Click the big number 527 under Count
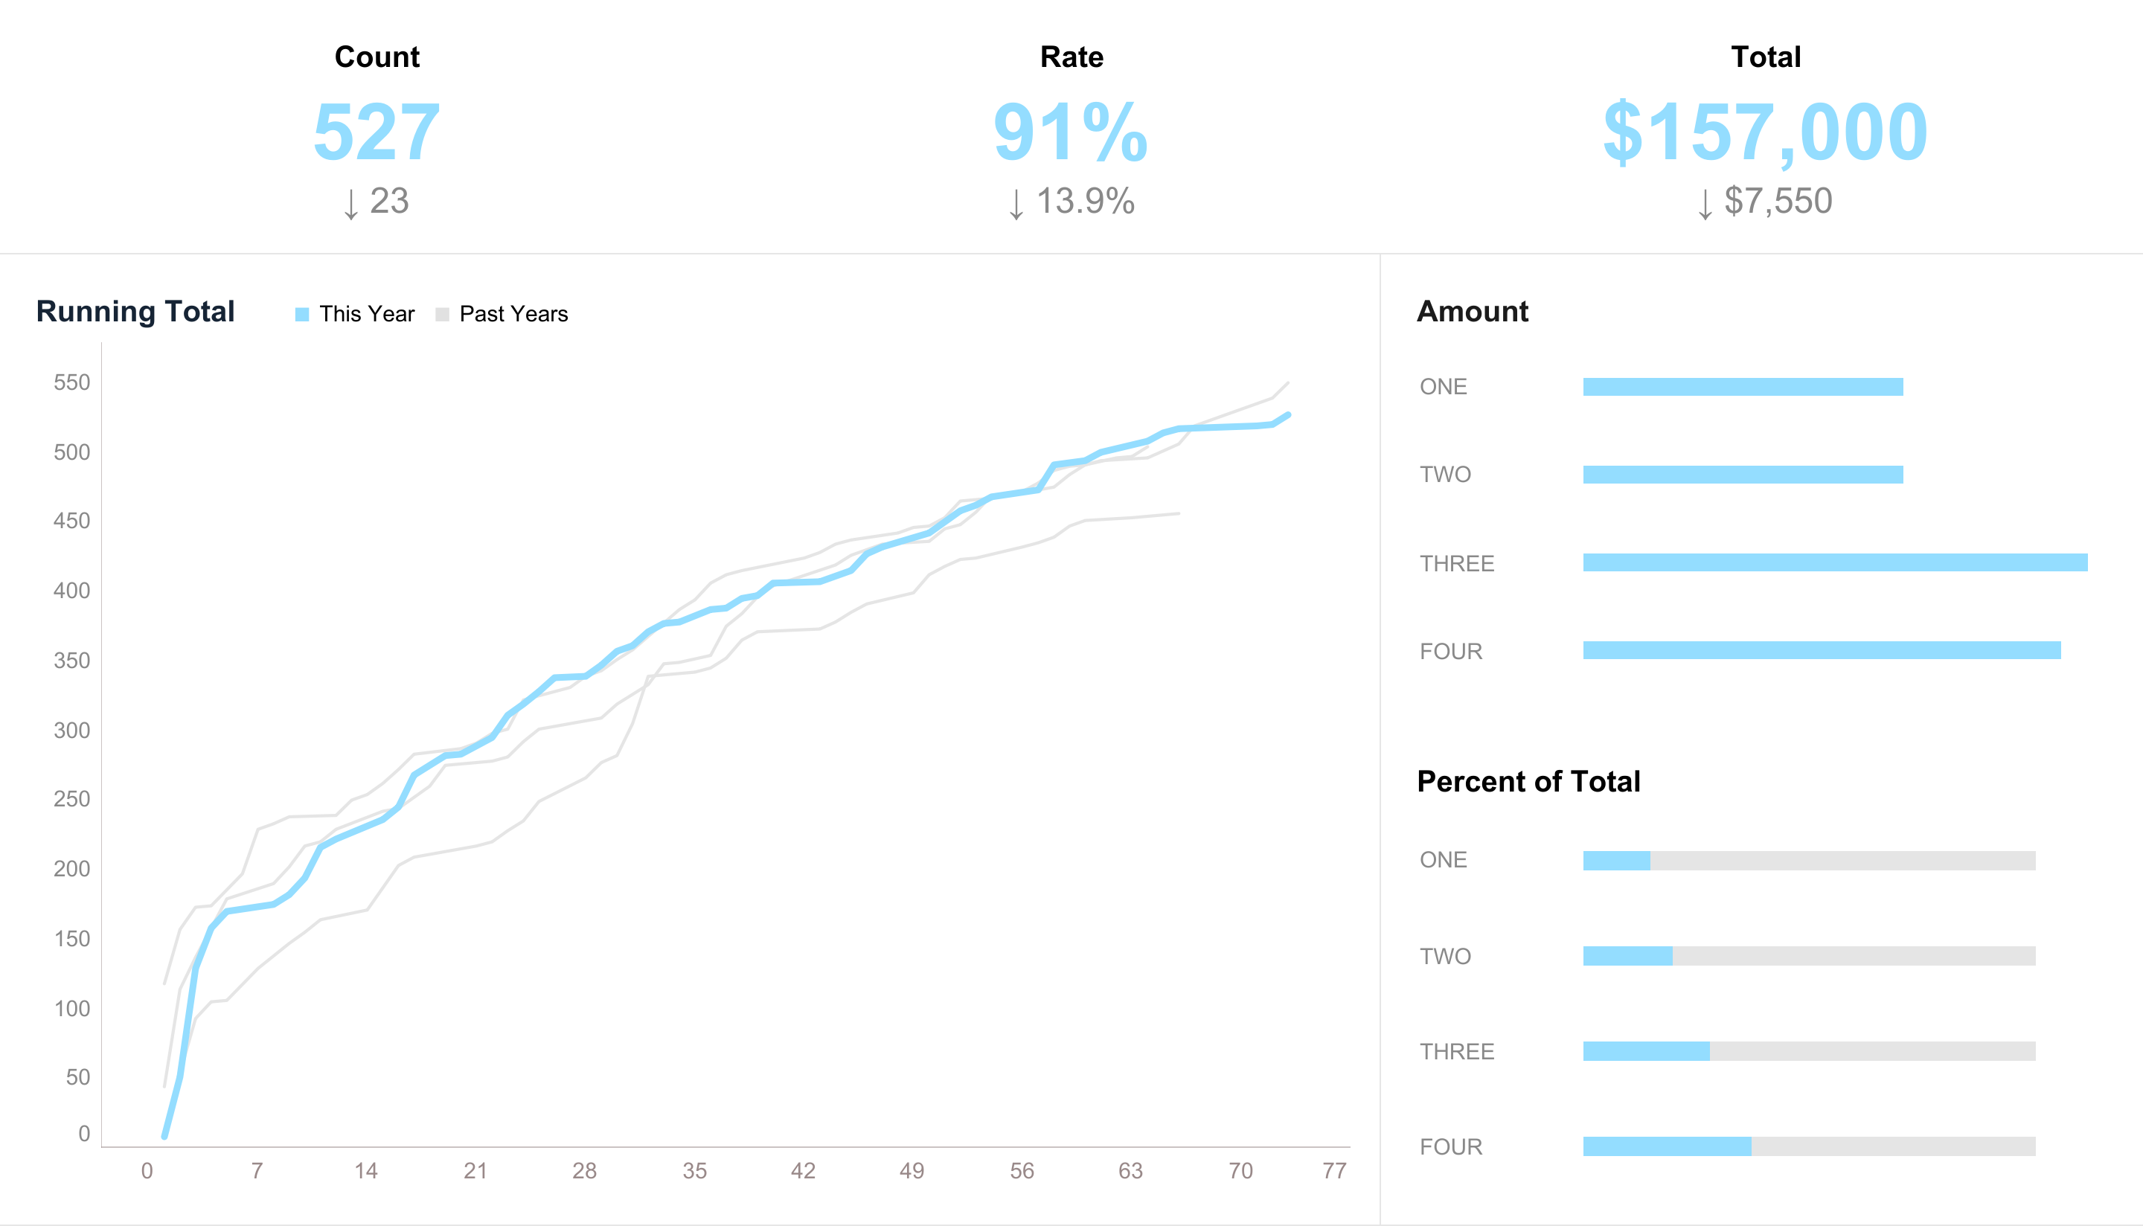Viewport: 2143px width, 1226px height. tap(377, 132)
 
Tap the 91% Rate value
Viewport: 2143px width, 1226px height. tap(1070, 132)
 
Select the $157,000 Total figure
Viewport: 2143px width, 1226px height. tap(1765, 132)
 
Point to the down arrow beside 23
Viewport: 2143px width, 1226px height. tap(351, 204)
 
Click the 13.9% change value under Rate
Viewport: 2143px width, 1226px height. tap(1085, 202)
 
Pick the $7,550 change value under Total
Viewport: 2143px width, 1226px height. tap(1778, 202)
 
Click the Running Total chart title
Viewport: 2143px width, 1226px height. tap(135, 312)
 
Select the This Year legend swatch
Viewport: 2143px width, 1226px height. tap(302, 315)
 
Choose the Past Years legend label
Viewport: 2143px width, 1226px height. tap(513, 314)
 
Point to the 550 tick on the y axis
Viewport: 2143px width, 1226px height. tap(71, 382)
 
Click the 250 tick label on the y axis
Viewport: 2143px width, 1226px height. tap(71, 798)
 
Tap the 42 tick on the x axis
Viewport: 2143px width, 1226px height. tap(802, 1170)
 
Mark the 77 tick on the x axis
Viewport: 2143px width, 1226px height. tap(1334, 1170)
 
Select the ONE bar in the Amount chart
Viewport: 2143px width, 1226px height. tap(1742, 387)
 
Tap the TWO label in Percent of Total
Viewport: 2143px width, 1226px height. tap(1445, 957)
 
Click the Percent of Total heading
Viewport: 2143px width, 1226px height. tap(1528, 781)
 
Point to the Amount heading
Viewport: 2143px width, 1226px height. tap(1472, 312)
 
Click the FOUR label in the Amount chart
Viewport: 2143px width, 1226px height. tap(1451, 651)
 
